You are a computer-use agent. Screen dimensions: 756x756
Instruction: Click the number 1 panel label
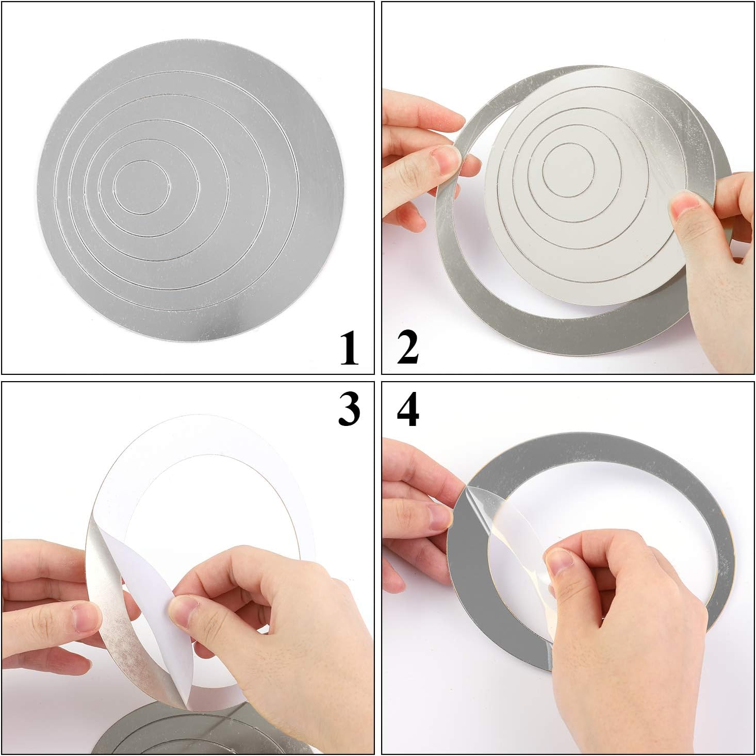349,348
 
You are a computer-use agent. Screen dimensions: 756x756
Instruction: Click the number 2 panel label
407,347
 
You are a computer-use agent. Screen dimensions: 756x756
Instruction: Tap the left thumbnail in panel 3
86,617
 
